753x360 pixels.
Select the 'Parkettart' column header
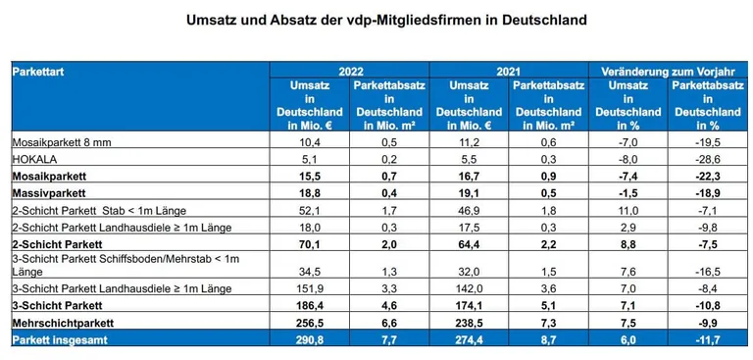point(38,72)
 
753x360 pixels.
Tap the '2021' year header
point(508,72)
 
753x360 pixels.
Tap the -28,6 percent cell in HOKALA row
point(705,157)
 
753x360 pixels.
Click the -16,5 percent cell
point(705,272)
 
